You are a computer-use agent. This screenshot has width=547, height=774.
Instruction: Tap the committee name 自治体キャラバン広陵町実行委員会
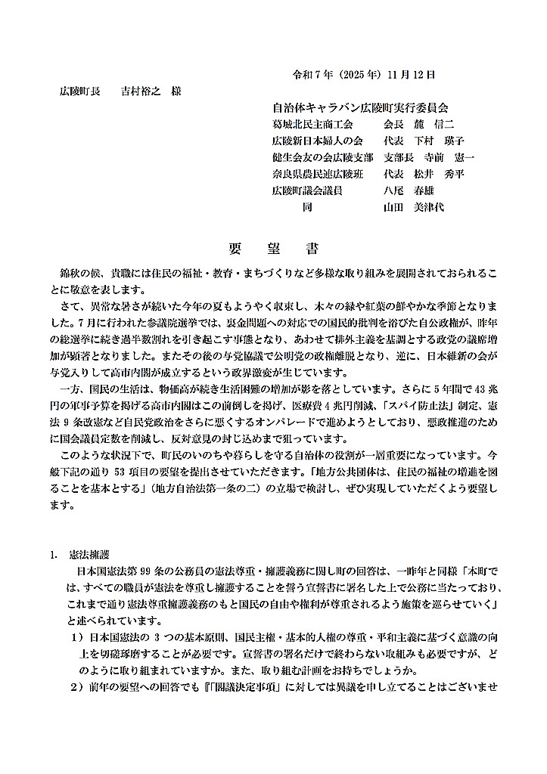pyautogui.click(x=360, y=108)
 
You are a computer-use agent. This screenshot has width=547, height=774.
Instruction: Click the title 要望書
pyautogui.click(x=273, y=249)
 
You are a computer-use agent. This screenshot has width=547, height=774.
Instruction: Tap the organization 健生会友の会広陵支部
pyautogui.click(x=322, y=157)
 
